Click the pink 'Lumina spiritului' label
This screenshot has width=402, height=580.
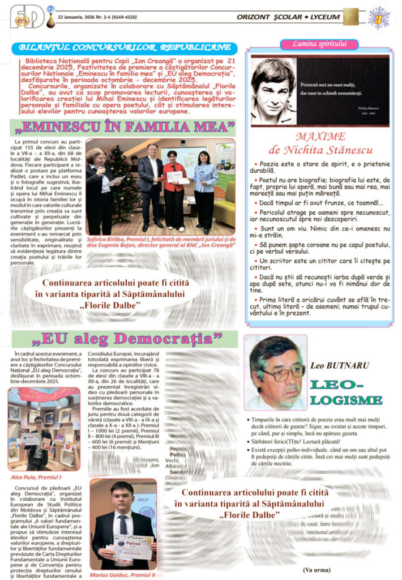point(319,44)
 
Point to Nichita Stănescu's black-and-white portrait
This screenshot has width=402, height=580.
point(273,91)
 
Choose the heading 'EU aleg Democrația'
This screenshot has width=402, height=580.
point(126,339)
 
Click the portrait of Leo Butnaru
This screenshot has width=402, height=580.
point(276,372)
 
